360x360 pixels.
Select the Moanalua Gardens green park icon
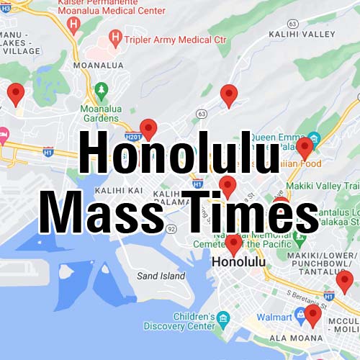(x=101, y=90)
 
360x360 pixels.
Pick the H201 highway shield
(x=132, y=136)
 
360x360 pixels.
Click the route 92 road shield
(x=171, y=229)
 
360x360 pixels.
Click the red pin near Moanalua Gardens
(x=148, y=129)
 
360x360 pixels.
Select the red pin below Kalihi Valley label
(x=229, y=94)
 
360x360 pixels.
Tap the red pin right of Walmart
(x=312, y=315)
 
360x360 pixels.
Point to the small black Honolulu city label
(x=235, y=264)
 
